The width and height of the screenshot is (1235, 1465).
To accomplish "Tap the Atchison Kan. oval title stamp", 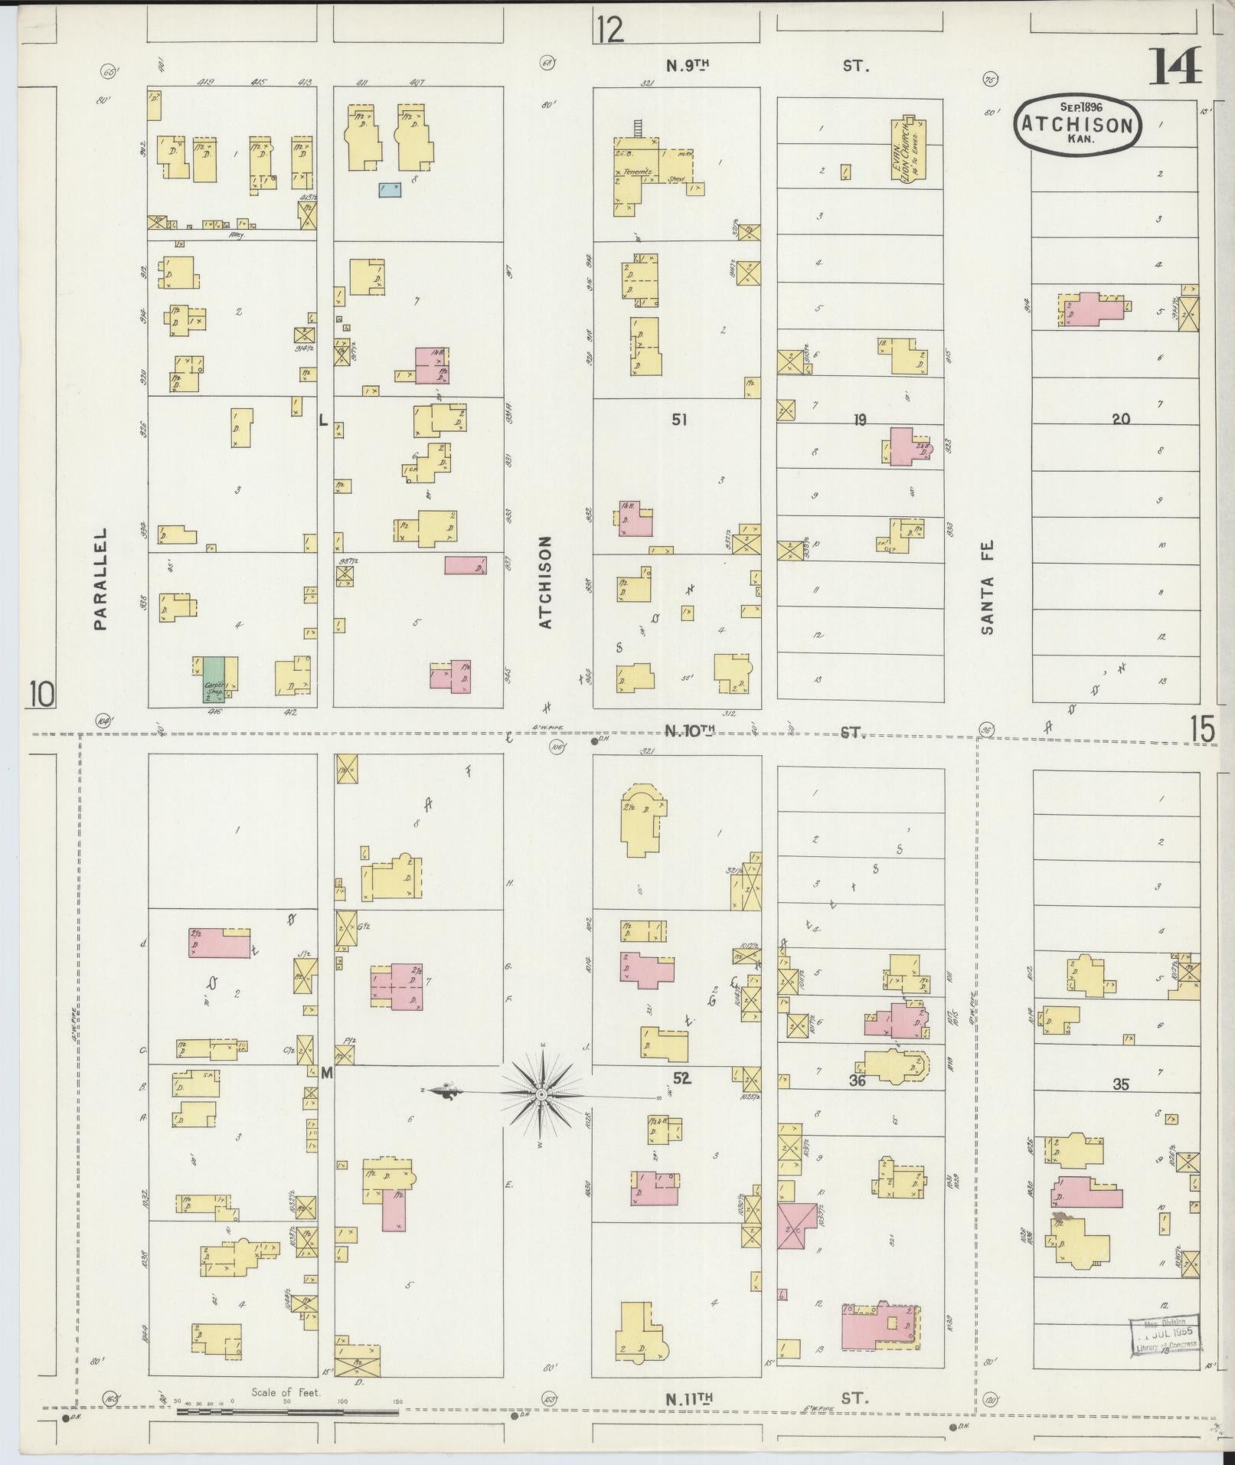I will point(1077,125).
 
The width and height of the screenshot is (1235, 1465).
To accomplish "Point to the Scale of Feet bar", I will point(288,1410).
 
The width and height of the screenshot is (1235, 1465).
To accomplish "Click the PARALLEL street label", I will point(101,579).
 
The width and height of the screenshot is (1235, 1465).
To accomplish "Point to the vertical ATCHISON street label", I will point(545,582).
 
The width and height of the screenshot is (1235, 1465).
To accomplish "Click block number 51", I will point(679,419).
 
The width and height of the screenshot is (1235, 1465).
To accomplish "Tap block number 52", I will point(681,1077).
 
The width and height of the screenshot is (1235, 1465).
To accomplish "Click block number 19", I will point(859,420).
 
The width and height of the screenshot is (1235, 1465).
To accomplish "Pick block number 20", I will point(1120,419).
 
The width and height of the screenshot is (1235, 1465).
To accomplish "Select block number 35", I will point(1120,1084).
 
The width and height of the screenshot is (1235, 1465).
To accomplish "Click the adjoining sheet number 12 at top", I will point(609,31).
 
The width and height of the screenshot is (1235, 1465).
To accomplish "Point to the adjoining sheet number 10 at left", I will point(42,695).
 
